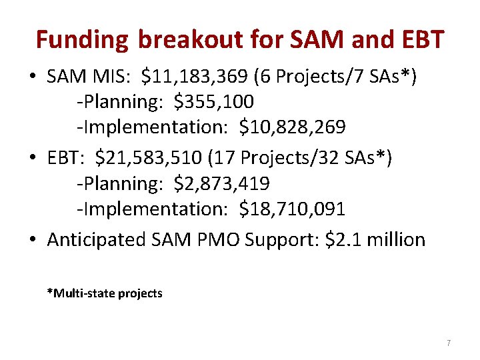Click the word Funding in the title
[x=82, y=40]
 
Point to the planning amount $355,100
[x=213, y=102]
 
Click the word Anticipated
[x=98, y=239]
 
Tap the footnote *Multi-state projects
[x=105, y=293]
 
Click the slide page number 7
[x=448, y=343]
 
